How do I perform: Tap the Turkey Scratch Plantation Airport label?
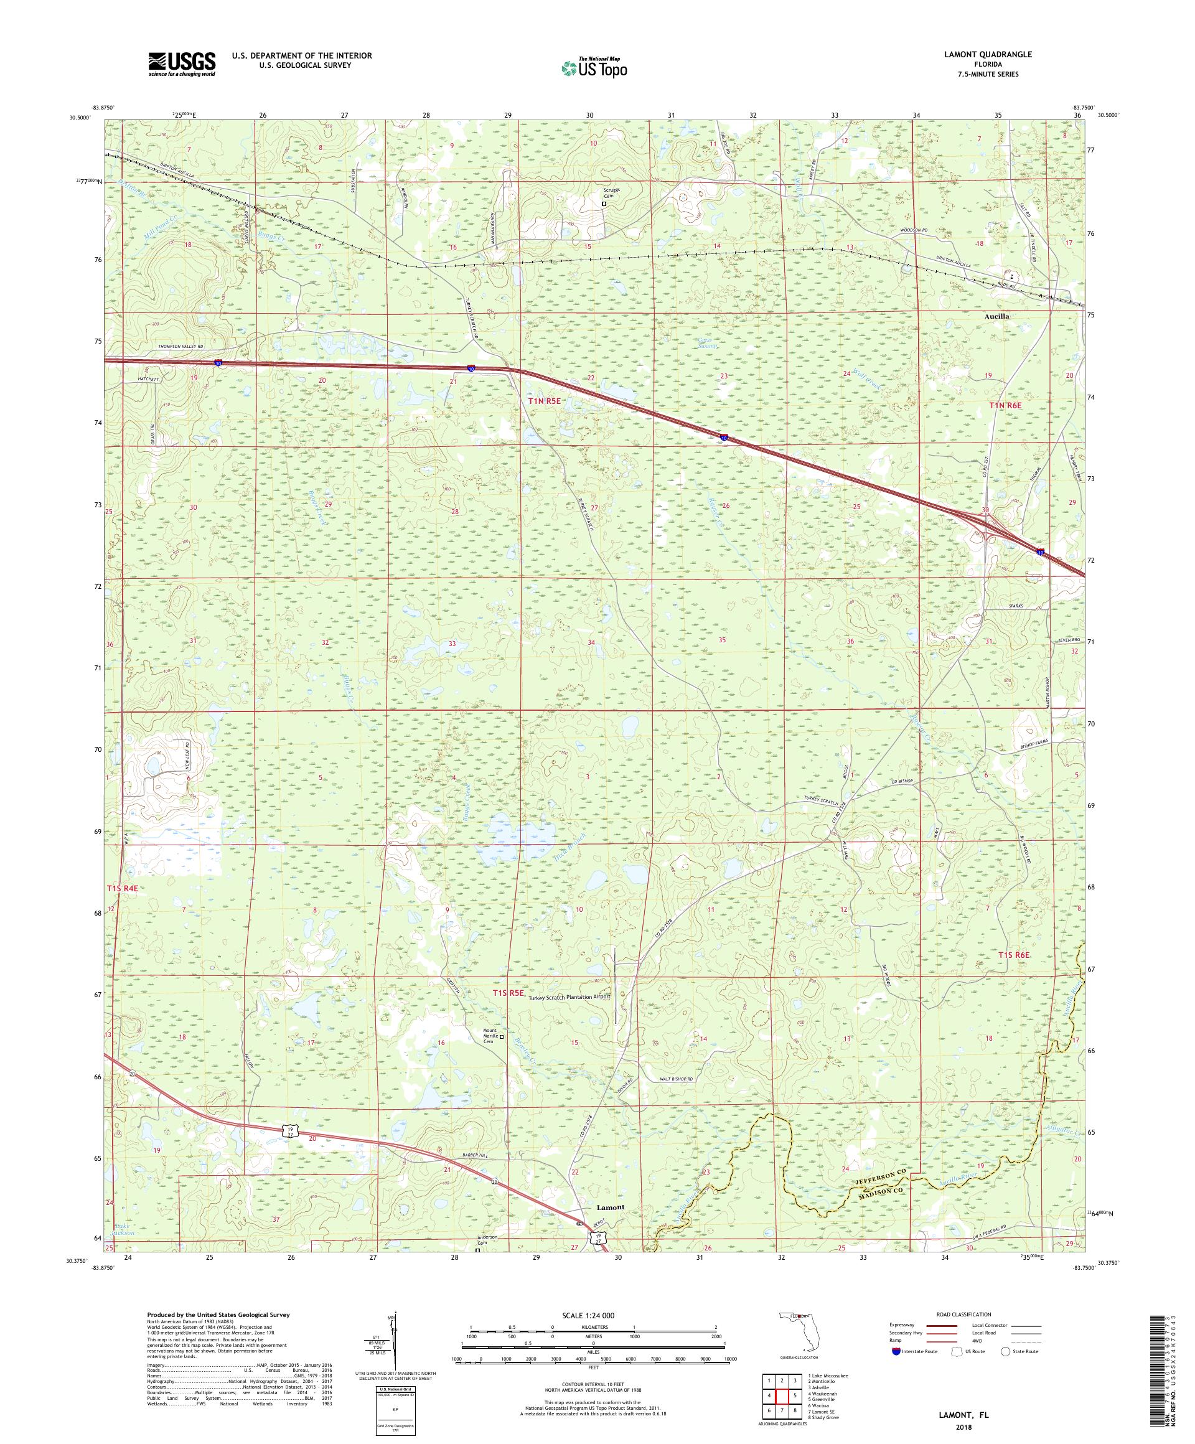[x=569, y=1016]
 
